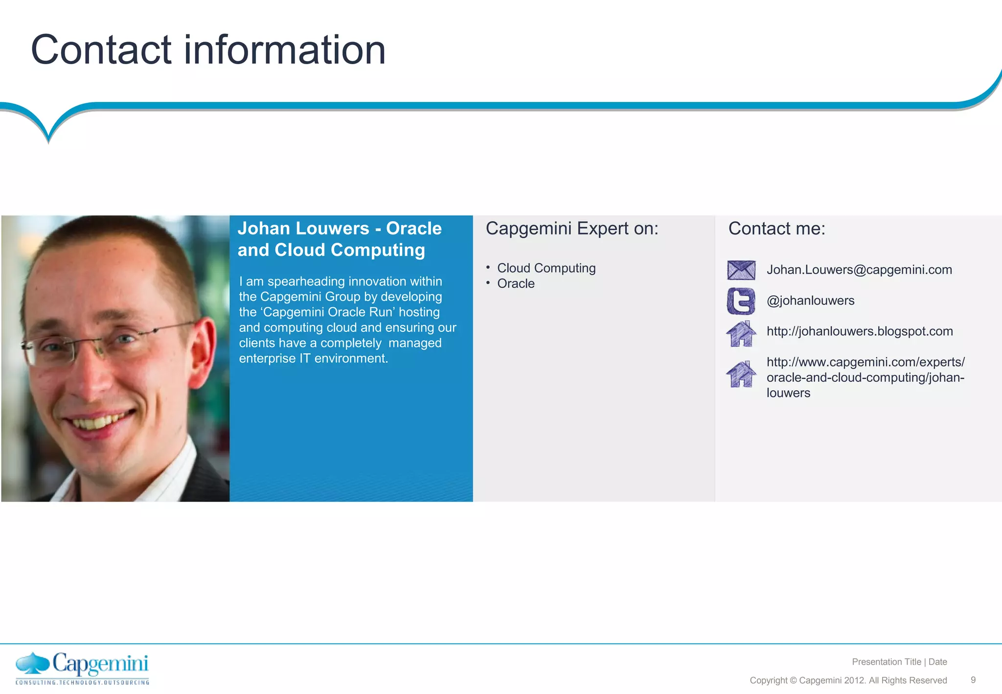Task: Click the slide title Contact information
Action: (x=208, y=50)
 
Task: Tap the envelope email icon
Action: (x=741, y=270)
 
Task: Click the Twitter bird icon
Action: (x=741, y=301)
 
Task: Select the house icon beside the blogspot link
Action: (x=741, y=334)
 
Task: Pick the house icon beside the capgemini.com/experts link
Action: (x=741, y=374)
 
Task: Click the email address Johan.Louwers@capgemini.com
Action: (x=859, y=270)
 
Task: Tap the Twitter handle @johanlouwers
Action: (x=810, y=301)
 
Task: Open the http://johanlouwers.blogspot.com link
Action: (x=860, y=331)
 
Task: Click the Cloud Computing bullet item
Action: (x=546, y=268)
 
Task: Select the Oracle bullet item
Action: (x=516, y=284)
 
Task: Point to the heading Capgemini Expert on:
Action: (x=572, y=229)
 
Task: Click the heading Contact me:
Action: (x=776, y=229)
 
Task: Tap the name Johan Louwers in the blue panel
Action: (x=303, y=229)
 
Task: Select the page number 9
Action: (x=973, y=680)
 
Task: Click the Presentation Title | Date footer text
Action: (x=899, y=662)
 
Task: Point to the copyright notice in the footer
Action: (x=848, y=680)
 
